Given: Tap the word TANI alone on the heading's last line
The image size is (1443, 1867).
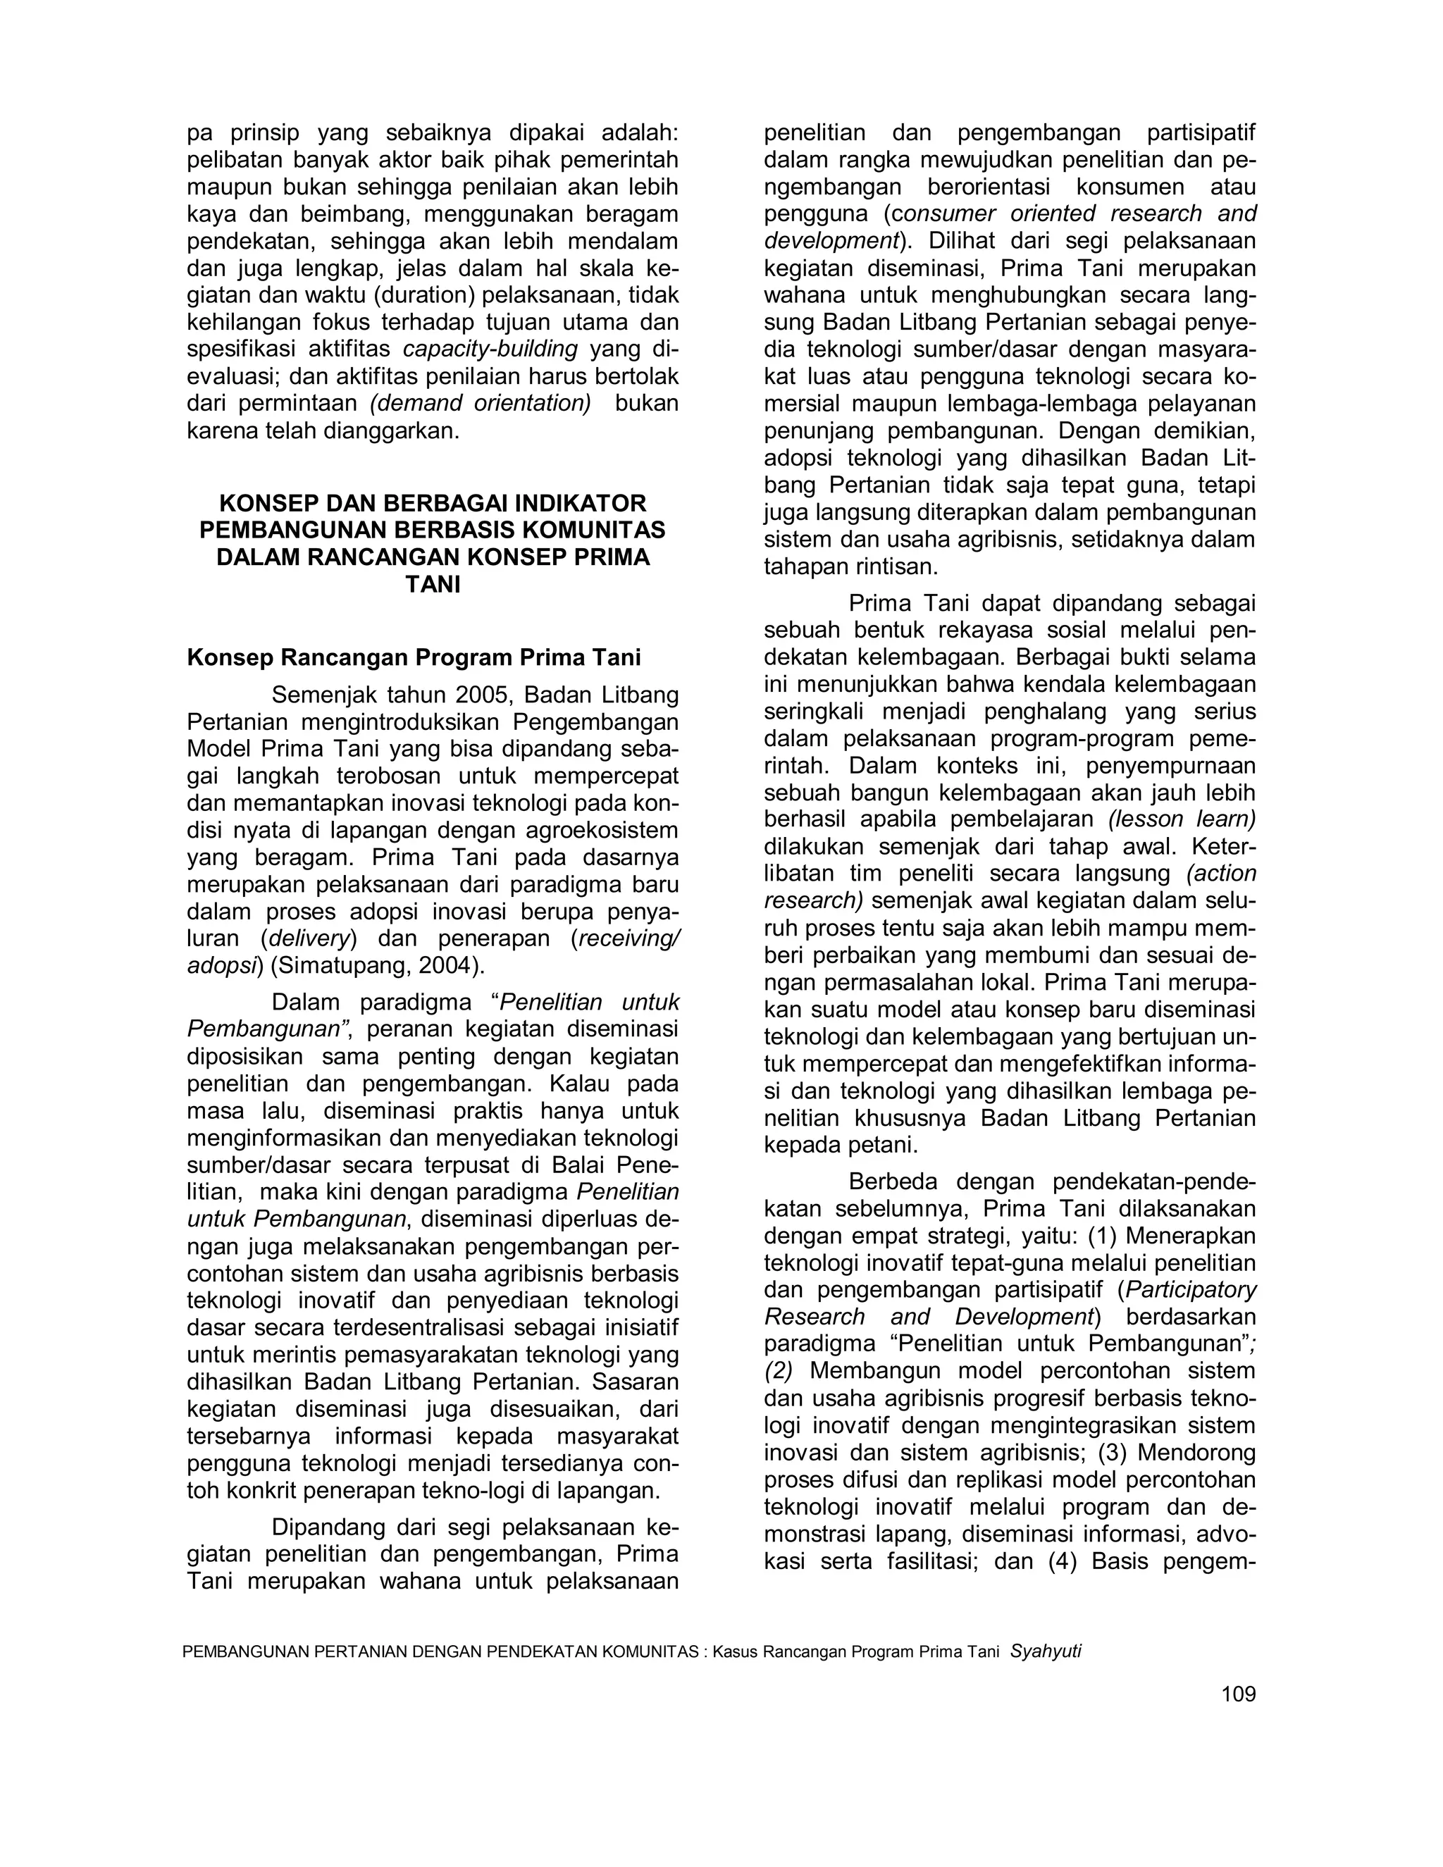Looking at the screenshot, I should pyautogui.click(x=432, y=585).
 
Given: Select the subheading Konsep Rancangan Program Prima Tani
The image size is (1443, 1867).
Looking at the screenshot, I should pyautogui.click(x=414, y=657).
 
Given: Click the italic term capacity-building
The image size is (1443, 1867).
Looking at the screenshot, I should pyautogui.click(x=490, y=349).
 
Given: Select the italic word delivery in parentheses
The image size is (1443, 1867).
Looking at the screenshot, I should pyautogui.click(x=309, y=938).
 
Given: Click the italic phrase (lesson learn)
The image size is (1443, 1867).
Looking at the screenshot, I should pyautogui.click(x=1182, y=819).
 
